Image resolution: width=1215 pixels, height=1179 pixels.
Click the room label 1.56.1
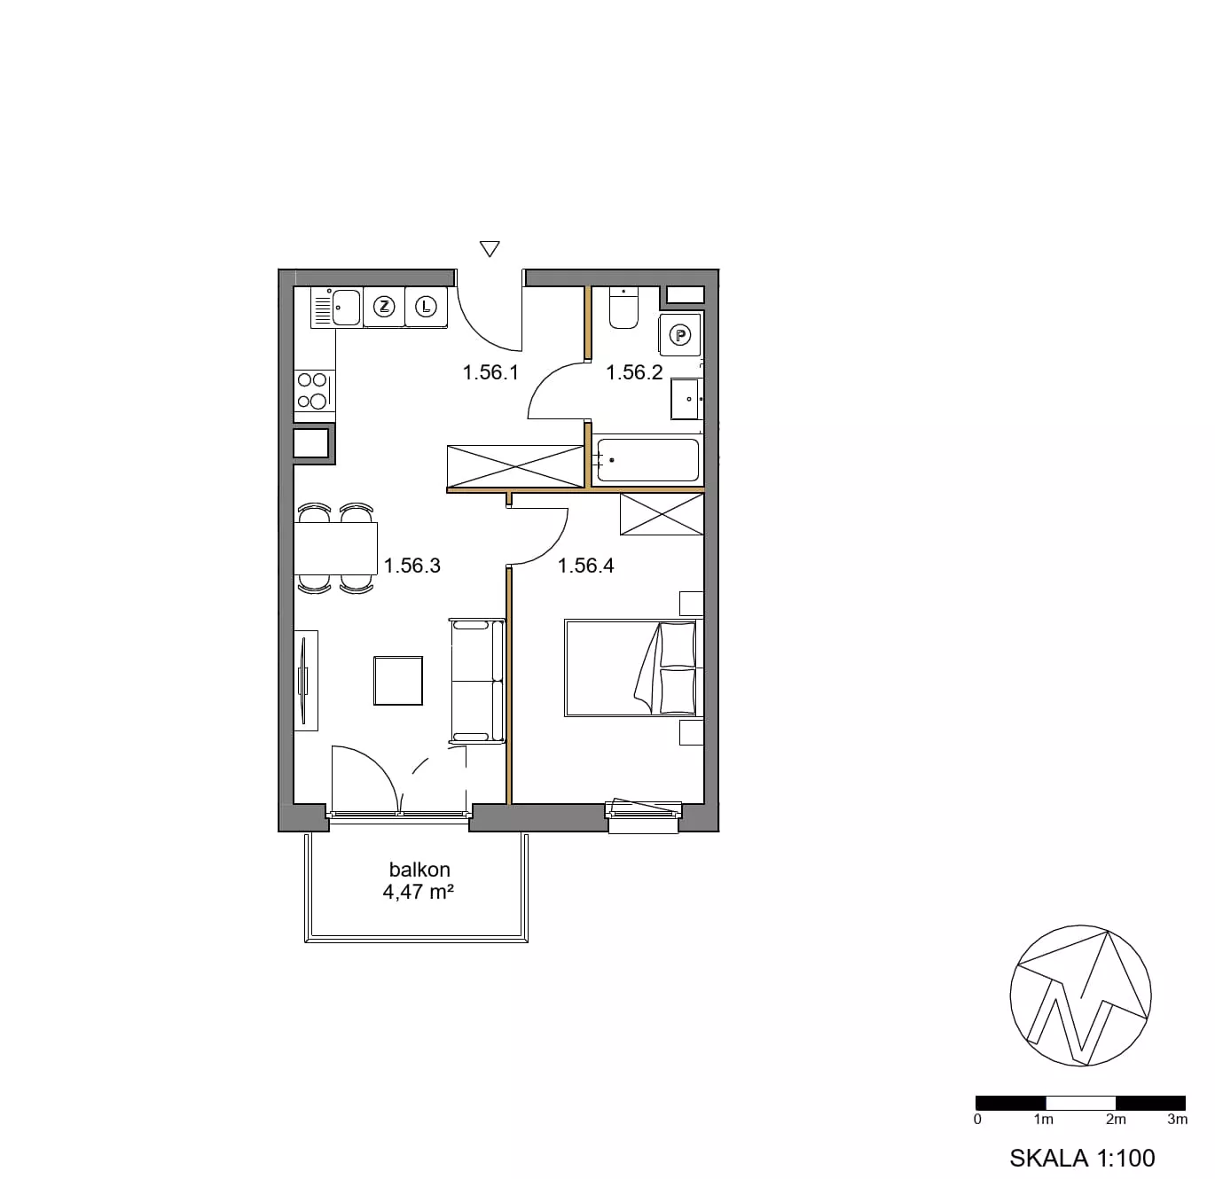point(490,372)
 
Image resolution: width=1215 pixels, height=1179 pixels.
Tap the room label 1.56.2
point(634,372)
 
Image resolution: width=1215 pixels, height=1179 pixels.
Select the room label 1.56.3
point(412,566)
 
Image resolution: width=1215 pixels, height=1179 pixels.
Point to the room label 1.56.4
point(585,566)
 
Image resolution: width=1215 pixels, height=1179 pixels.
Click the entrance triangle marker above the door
point(490,249)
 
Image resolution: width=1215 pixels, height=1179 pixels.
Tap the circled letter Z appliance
point(383,307)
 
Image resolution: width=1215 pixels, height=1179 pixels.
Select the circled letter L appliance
point(426,307)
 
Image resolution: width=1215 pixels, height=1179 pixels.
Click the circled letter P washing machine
point(680,335)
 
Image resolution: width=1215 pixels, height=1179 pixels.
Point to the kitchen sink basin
point(346,307)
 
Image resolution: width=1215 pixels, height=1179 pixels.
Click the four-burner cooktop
point(315,390)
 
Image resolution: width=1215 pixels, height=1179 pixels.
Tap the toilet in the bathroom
point(623,308)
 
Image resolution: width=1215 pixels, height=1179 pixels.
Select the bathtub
point(647,460)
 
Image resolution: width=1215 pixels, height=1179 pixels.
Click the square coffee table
point(398,680)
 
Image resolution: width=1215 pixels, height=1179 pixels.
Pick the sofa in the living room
point(477,680)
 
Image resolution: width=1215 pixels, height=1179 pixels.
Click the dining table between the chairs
point(336,548)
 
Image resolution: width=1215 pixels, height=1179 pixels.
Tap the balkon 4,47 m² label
point(419,880)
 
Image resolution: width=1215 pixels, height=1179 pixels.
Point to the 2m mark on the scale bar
point(1116,1119)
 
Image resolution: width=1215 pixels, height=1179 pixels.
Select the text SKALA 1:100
point(1082,1158)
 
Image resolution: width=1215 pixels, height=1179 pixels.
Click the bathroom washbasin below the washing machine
point(686,398)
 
